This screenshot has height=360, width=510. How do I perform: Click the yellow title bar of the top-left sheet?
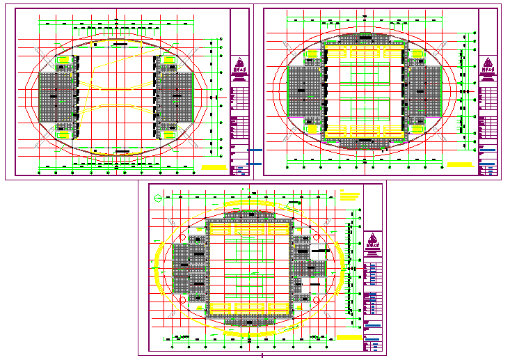click(x=214, y=168)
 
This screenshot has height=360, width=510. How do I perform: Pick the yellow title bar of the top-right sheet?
click(x=460, y=165)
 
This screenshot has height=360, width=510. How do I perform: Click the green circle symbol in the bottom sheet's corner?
click(x=158, y=198)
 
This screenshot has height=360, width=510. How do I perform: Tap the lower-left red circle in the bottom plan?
click(x=183, y=299)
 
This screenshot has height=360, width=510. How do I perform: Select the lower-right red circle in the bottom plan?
click(x=316, y=299)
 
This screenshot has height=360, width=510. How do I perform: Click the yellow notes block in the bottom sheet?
click(x=350, y=194)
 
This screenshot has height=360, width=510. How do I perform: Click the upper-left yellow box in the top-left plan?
click(x=63, y=61)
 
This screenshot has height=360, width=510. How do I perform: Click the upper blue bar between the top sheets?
click(x=255, y=150)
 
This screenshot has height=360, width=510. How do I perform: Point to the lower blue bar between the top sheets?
click(x=255, y=164)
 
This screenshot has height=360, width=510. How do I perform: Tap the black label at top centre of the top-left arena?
click(x=120, y=45)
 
